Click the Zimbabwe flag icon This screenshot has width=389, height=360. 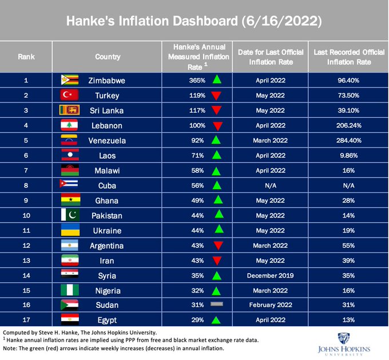tap(69, 80)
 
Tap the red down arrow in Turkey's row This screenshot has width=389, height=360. tap(216, 95)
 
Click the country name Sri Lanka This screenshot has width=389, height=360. tap(108, 110)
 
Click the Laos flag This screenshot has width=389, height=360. tap(69, 155)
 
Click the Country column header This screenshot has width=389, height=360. tap(108, 57)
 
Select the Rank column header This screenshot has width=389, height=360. tap(26, 57)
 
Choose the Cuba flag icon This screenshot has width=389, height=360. tap(69, 184)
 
